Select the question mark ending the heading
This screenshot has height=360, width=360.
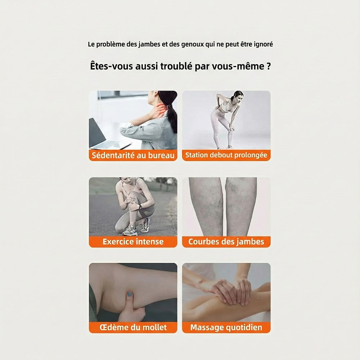(269, 66)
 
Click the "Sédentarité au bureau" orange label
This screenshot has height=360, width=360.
(133, 156)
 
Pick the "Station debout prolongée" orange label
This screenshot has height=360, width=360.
(226, 155)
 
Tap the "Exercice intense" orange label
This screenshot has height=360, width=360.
(133, 242)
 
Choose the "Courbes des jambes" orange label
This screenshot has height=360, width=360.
(226, 242)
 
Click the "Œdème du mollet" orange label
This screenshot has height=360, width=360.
(133, 327)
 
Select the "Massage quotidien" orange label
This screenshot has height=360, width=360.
(226, 327)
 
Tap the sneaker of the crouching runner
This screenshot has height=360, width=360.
(130, 230)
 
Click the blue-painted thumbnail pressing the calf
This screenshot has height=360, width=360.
(130, 294)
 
